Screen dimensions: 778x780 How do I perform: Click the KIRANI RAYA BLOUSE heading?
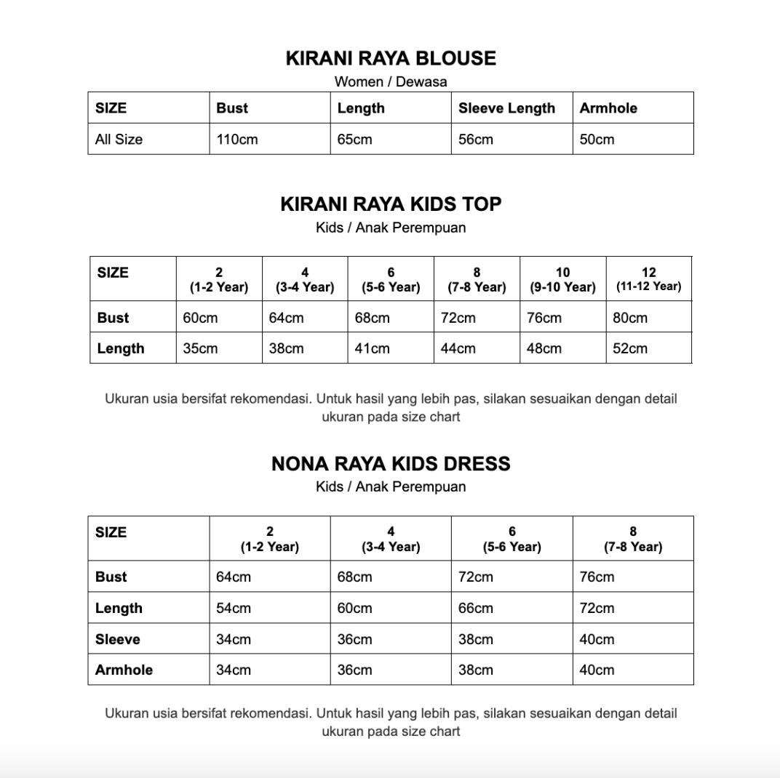point(391,58)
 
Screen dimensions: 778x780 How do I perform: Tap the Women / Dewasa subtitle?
point(391,81)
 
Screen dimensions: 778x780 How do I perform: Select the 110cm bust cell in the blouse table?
point(237,139)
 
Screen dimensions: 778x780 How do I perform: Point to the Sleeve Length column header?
point(506,108)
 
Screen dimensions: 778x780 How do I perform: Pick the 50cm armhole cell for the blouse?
point(597,139)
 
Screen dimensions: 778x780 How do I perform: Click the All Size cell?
point(119,139)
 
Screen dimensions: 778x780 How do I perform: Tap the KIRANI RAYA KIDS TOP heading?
point(391,204)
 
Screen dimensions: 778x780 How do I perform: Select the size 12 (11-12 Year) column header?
point(648,279)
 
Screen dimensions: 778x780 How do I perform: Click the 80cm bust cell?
point(630,318)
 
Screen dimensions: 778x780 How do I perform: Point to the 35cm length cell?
point(200,348)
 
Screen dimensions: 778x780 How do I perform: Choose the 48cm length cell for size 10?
point(544,348)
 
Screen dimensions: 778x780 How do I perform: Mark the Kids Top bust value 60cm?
point(200,318)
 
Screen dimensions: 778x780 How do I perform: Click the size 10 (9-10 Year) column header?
point(562,279)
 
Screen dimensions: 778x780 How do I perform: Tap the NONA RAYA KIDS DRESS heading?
point(391,464)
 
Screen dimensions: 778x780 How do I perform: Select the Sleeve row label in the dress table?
point(117,639)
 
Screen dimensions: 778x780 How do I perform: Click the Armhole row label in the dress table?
point(124,670)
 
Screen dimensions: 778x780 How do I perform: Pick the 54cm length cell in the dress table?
point(234,608)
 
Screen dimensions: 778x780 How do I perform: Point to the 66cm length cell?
point(476,608)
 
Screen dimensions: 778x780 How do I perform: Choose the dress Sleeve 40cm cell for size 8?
point(597,639)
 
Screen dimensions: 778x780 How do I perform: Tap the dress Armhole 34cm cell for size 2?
point(234,670)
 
